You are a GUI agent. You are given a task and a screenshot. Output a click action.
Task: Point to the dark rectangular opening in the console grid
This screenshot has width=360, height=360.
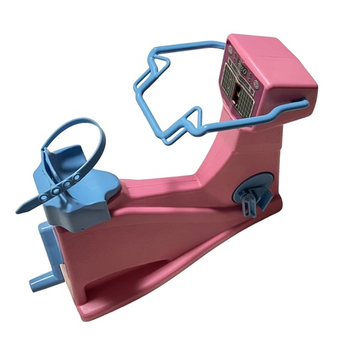click(x=238, y=94)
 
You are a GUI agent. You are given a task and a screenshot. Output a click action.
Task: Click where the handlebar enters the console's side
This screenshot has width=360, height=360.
click(x=304, y=101)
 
